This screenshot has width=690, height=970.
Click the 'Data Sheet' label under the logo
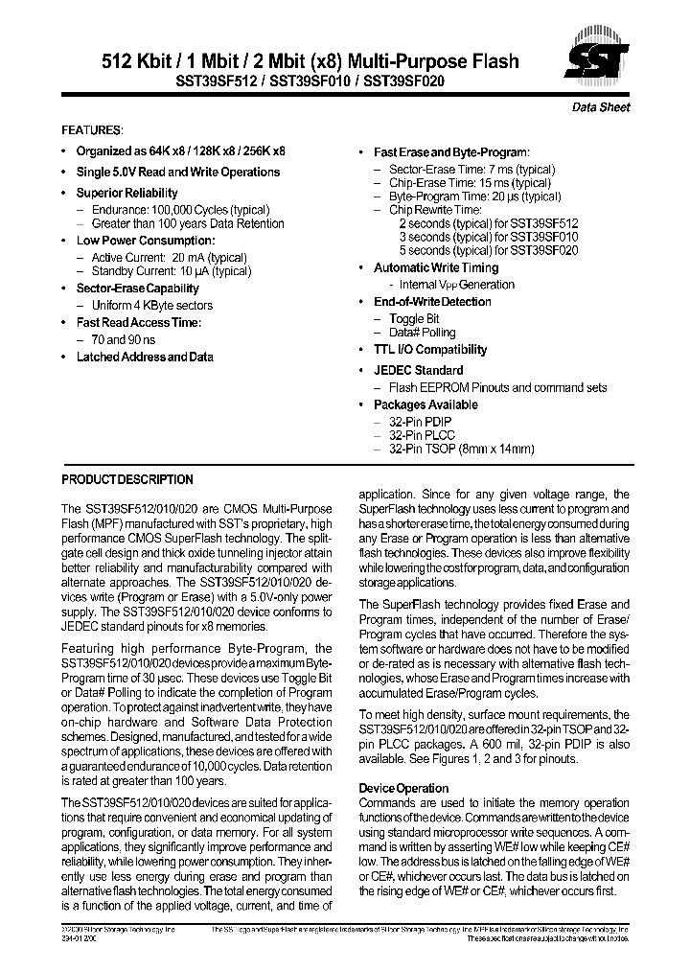[601, 107]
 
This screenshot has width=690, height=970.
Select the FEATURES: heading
[92, 129]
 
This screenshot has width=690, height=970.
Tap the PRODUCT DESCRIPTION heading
[126, 479]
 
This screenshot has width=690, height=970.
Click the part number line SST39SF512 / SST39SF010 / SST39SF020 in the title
[310, 82]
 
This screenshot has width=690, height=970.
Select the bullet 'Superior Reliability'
[126, 193]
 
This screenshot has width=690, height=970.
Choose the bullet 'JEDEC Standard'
[418, 370]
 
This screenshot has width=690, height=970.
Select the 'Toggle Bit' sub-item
[414, 318]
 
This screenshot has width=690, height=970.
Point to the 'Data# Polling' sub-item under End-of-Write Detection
[422, 333]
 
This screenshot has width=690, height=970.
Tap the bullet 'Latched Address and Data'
[144, 357]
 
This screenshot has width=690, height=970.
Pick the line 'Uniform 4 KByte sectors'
[151, 305]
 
